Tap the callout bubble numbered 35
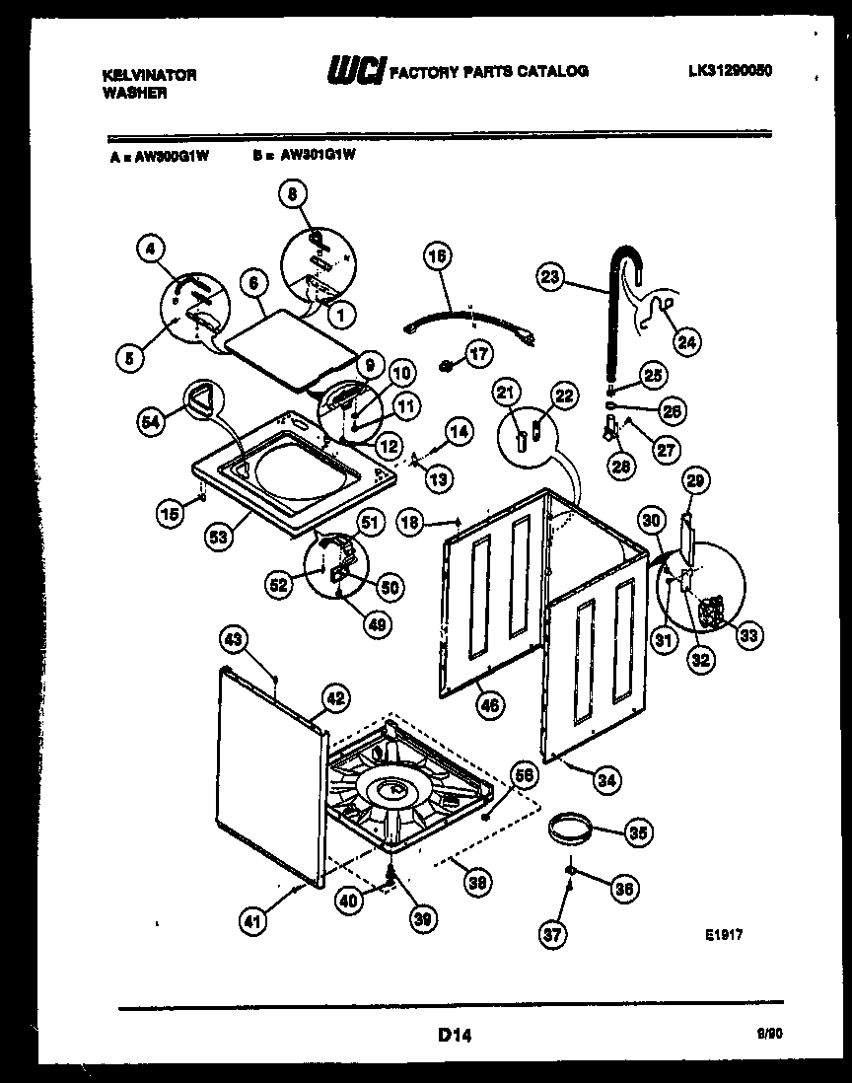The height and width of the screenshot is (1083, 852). point(638,832)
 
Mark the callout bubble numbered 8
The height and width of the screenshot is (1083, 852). point(291,195)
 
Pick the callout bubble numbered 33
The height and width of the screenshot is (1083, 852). point(749,635)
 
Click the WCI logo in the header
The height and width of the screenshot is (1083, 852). point(354,71)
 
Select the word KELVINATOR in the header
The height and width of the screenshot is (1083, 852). point(150,74)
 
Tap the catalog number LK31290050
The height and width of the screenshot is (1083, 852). point(732,70)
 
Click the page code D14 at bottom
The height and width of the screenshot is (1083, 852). point(455,1035)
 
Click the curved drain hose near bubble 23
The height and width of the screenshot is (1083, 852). point(619,306)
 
